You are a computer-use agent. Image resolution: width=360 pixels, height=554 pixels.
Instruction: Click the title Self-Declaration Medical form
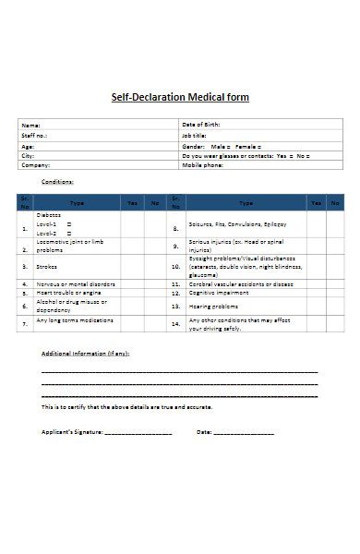(x=180, y=97)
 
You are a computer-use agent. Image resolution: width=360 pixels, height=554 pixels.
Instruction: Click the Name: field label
(x=31, y=125)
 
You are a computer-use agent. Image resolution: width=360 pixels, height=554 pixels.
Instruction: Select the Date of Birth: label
(x=202, y=125)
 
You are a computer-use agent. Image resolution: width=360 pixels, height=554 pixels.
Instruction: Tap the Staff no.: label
(x=34, y=136)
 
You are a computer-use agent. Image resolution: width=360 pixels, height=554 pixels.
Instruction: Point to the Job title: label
(x=195, y=136)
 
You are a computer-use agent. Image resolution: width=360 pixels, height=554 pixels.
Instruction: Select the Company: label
(x=36, y=167)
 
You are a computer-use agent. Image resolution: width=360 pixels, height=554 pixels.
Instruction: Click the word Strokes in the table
(x=46, y=266)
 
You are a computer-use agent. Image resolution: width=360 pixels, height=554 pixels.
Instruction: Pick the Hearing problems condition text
(x=213, y=306)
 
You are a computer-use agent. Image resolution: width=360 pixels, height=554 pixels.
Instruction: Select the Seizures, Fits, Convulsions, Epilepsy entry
(x=237, y=224)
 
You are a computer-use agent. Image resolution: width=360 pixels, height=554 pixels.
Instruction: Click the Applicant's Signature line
(x=138, y=433)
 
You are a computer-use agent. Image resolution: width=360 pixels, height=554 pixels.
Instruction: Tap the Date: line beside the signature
(x=244, y=433)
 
